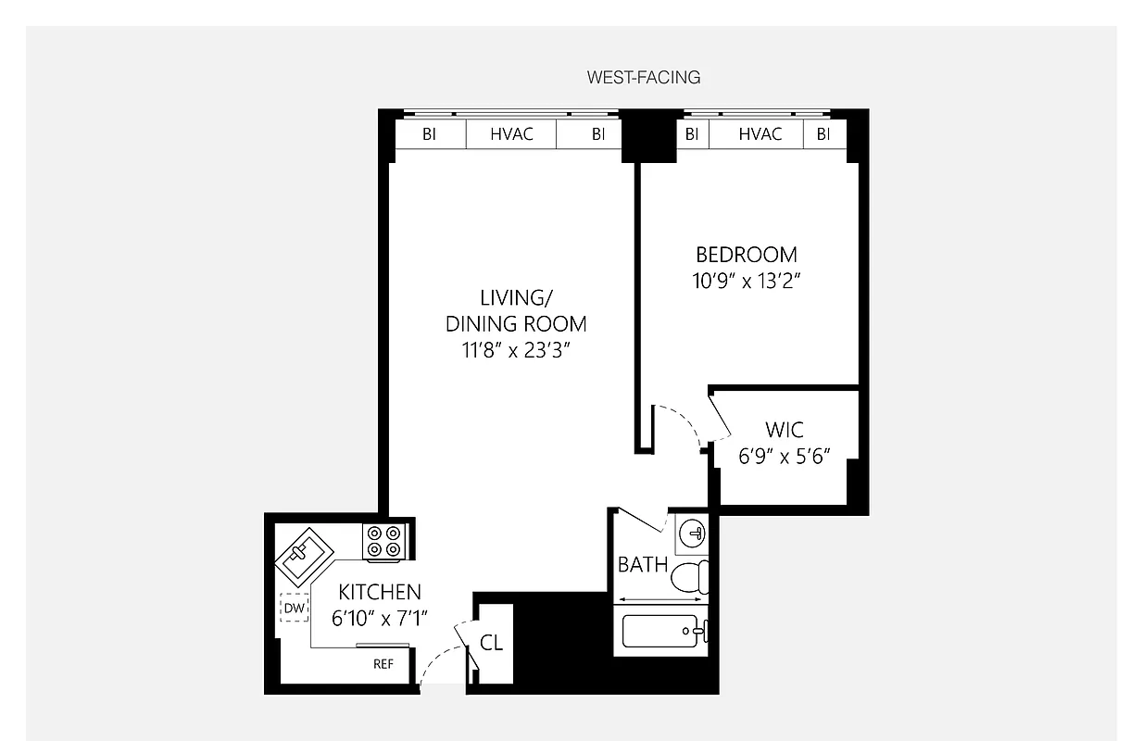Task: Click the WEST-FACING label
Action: point(643,78)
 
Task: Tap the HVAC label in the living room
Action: point(511,134)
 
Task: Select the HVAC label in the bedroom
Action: point(760,134)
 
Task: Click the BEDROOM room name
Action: point(746,255)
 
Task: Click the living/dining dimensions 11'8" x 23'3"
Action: point(516,351)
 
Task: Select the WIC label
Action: point(784,431)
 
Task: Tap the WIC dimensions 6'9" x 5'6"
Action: point(784,457)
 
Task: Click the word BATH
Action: point(642,564)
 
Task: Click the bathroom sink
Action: point(691,534)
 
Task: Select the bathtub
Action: point(663,633)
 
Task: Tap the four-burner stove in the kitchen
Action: point(383,541)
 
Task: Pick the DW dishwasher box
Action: point(295,608)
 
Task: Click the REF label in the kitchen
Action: point(383,664)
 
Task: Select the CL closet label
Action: point(491,643)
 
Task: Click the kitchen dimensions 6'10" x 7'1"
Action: point(379,618)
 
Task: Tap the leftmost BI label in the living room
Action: point(429,134)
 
